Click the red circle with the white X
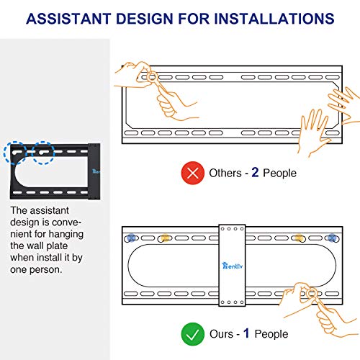[193, 173]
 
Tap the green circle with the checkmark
[193, 334]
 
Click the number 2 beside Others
[255, 172]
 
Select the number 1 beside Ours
[246, 333]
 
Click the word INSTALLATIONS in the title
[274, 19]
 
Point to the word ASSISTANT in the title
[69, 19]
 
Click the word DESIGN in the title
[145, 19]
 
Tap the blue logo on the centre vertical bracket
[233, 266]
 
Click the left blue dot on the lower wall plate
[131, 238]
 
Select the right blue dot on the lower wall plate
[332, 238]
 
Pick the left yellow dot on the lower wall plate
[165, 238]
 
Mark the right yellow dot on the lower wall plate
[299, 238]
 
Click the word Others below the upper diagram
[225, 173]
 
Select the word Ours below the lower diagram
[221, 334]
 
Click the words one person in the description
[36, 269]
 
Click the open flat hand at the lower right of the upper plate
[314, 132]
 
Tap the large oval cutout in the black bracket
[51, 172]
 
